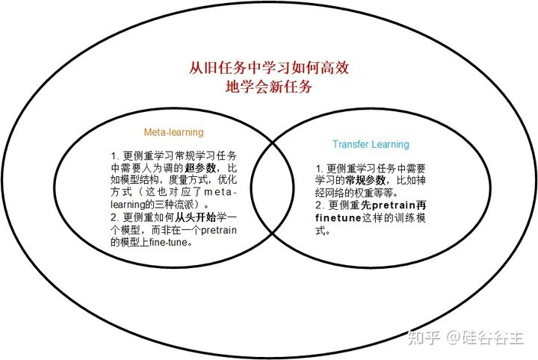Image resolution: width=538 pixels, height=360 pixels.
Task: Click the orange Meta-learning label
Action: (x=173, y=132)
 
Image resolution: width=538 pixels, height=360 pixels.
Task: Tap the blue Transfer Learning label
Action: (x=371, y=144)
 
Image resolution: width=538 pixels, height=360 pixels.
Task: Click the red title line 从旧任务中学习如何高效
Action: (x=269, y=68)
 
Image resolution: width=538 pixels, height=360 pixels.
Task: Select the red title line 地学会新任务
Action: (x=269, y=87)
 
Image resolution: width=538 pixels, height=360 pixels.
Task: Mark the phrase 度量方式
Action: (x=185, y=180)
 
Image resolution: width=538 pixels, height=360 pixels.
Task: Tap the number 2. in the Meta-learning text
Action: (x=114, y=217)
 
